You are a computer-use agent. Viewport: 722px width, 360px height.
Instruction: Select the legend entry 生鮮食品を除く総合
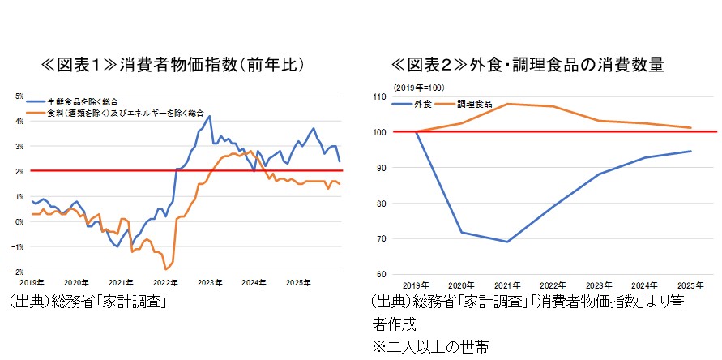point(83,101)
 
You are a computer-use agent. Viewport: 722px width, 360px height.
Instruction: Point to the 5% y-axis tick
point(19,96)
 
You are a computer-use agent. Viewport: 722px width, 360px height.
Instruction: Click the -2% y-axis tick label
point(18,272)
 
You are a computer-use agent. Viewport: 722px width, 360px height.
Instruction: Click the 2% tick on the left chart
point(19,171)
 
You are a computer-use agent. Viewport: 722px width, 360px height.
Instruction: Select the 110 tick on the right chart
point(378,96)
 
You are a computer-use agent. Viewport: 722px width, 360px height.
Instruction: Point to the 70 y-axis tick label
point(380,239)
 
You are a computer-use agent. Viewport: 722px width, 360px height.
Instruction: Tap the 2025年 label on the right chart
point(691,285)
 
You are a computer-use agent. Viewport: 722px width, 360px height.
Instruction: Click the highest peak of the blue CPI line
point(210,116)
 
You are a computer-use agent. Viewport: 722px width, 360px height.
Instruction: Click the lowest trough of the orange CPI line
point(165,269)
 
